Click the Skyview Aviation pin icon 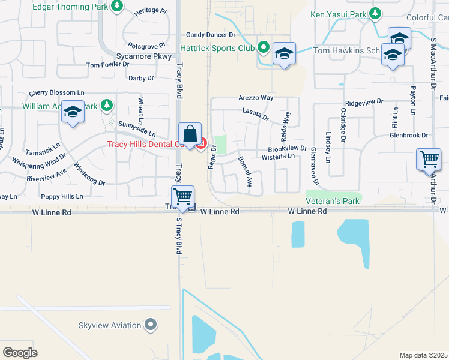coord(151,326)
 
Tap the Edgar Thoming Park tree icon coord(118,7)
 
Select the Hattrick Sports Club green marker coord(263,47)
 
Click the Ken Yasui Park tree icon coord(375,13)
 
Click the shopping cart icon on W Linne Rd coord(182,196)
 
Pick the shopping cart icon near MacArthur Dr coord(429,160)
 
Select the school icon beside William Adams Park coord(73,113)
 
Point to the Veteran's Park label coord(333,201)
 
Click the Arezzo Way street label coord(256,97)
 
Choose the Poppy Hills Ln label coord(62,196)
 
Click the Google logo coord(20,353)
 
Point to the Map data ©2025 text coord(423,355)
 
